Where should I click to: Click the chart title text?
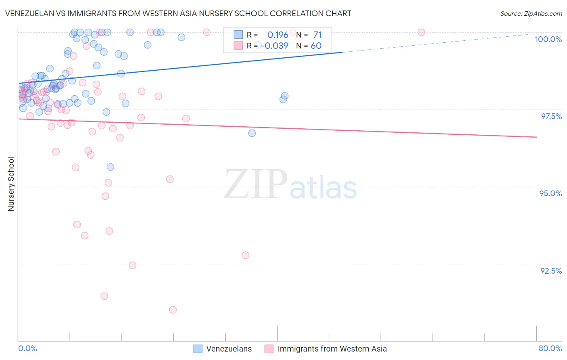[178, 13]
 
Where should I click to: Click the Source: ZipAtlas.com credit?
[531, 13]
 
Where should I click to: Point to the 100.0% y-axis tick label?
[548, 39]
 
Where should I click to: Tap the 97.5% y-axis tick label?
[551, 116]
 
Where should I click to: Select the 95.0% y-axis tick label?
[550, 193]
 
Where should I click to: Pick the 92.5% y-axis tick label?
[551, 271]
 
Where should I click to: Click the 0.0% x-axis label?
[27, 348]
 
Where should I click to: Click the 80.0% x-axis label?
[550, 348]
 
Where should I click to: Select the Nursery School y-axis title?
[11, 184]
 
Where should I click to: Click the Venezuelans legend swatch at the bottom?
[198, 349]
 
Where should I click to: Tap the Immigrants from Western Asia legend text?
[332, 349]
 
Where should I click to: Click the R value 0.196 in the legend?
[277, 35]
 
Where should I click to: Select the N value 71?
[317, 35]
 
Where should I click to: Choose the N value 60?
[316, 46]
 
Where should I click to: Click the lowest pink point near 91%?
[173, 310]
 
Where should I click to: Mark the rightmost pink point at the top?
[421, 32]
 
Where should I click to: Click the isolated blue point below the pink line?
[252, 133]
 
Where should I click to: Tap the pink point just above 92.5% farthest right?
[246, 255]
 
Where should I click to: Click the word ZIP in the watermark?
[255, 184]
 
